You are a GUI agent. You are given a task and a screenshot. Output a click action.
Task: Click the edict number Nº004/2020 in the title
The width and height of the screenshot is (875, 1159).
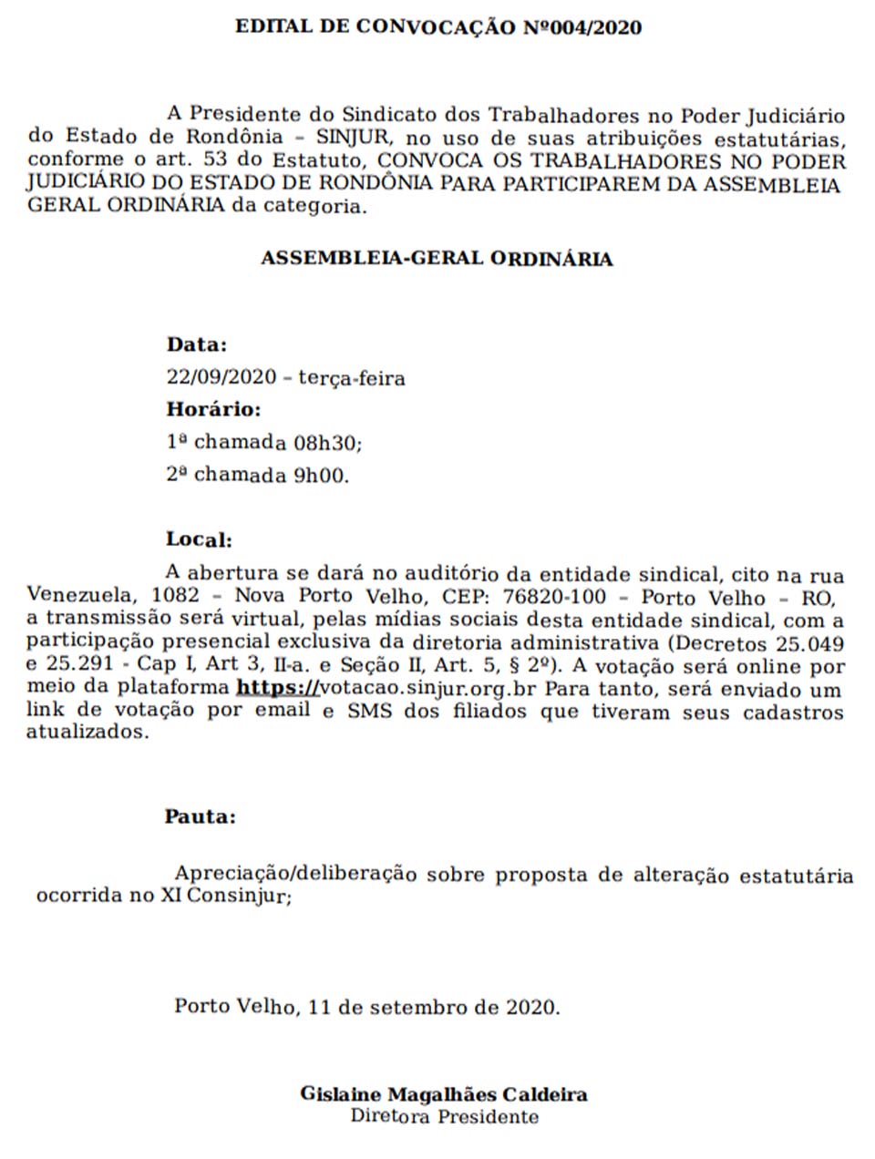click(x=581, y=27)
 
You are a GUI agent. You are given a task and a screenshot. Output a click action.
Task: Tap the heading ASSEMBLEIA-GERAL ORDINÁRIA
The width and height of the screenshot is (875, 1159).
click(x=437, y=259)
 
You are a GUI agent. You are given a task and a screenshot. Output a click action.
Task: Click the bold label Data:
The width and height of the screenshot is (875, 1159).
click(x=197, y=344)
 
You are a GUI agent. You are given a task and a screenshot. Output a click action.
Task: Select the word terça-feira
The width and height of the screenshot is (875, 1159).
click(x=352, y=377)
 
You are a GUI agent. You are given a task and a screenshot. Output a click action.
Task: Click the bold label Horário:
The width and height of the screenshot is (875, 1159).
click(x=213, y=409)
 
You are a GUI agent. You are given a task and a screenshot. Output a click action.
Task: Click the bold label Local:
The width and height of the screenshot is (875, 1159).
click(x=199, y=539)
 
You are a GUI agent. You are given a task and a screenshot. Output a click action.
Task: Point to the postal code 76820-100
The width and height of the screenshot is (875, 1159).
click(x=561, y=598)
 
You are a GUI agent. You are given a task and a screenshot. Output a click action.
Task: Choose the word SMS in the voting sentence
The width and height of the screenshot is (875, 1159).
click(x=369, y=711)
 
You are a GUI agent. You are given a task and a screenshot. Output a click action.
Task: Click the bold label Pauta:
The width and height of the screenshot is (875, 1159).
click(x=200, y=816)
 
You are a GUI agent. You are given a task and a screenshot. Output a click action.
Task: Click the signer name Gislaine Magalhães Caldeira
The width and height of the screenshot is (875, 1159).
click(x=444, y=1095)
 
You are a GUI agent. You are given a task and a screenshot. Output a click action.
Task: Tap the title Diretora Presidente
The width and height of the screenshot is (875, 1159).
click(x=444, y=1116)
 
